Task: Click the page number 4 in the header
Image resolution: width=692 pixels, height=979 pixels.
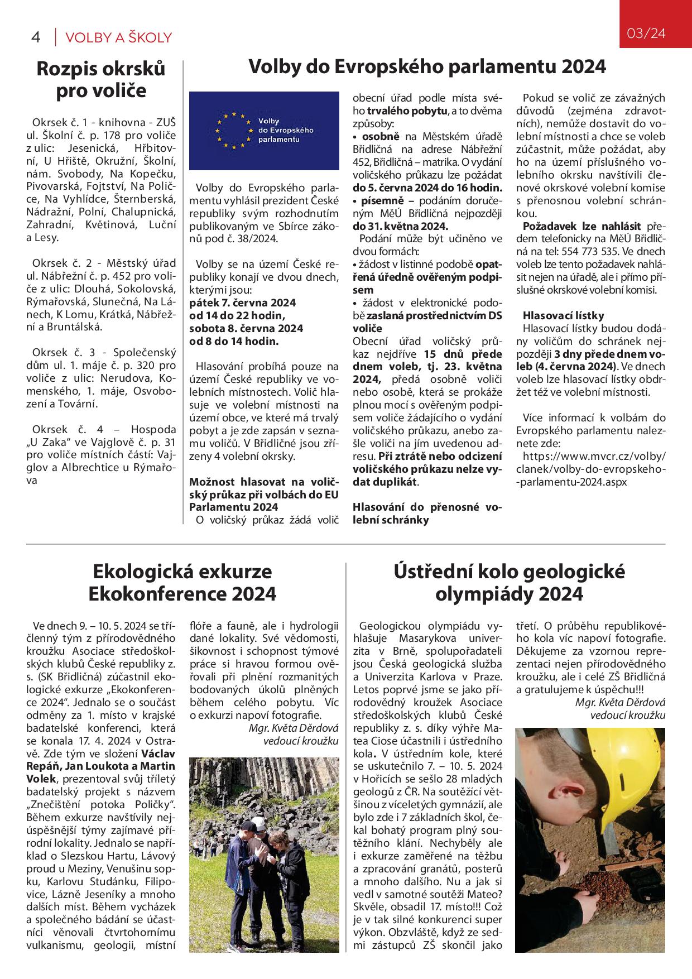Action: [36, 38]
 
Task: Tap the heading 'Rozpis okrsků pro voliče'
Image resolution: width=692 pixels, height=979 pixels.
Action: [101, 79]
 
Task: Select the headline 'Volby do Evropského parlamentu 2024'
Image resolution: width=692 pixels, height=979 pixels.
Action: [427, 67]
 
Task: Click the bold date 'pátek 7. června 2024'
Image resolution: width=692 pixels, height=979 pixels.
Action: [243, 303]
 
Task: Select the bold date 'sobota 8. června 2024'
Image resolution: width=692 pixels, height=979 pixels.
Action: [246, 328]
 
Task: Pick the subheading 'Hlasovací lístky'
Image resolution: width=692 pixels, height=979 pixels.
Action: [563, 315]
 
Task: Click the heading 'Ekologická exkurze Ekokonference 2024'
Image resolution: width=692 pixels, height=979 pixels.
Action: [182, 583]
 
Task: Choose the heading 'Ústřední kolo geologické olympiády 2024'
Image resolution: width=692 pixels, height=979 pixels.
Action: [509, 583]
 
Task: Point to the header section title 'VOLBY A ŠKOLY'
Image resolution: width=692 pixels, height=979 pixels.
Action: [118, 38]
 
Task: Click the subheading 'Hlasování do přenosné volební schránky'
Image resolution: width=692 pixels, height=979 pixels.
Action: [427, 514]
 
